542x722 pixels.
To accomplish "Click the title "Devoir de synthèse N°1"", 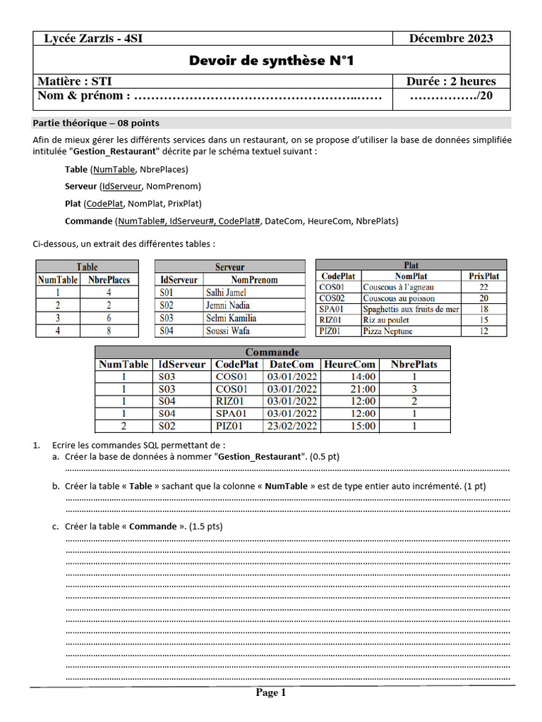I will [270, 61].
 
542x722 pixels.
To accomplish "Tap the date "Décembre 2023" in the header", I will [451, 38].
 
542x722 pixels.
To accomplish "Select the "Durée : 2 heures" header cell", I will [451, 81].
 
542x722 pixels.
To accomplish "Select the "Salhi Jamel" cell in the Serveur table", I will [226, 292].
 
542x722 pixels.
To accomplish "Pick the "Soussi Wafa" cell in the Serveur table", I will [227, 330].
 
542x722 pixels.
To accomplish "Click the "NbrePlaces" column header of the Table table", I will [109, 279].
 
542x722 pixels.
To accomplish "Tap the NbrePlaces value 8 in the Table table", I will [109, 330].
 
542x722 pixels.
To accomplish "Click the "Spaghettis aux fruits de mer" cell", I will [410, 309].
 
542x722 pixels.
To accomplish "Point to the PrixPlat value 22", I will [483, 287].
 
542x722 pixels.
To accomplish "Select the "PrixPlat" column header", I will [483, 276].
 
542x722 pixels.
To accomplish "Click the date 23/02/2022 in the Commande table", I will [292, 426].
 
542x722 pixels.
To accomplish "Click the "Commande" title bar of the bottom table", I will [272, 352].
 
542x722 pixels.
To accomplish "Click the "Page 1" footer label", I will [271, 692].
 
